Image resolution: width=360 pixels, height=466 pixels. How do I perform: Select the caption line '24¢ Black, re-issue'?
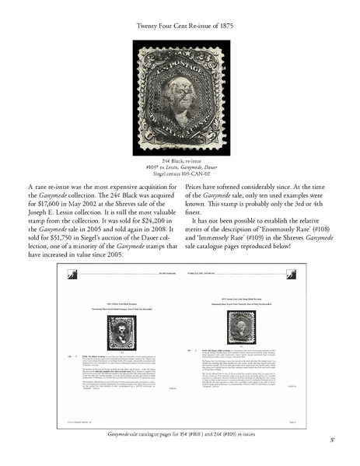coord(180,159)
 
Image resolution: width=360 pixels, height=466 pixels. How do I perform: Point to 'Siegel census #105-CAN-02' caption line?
coord(180,173)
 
